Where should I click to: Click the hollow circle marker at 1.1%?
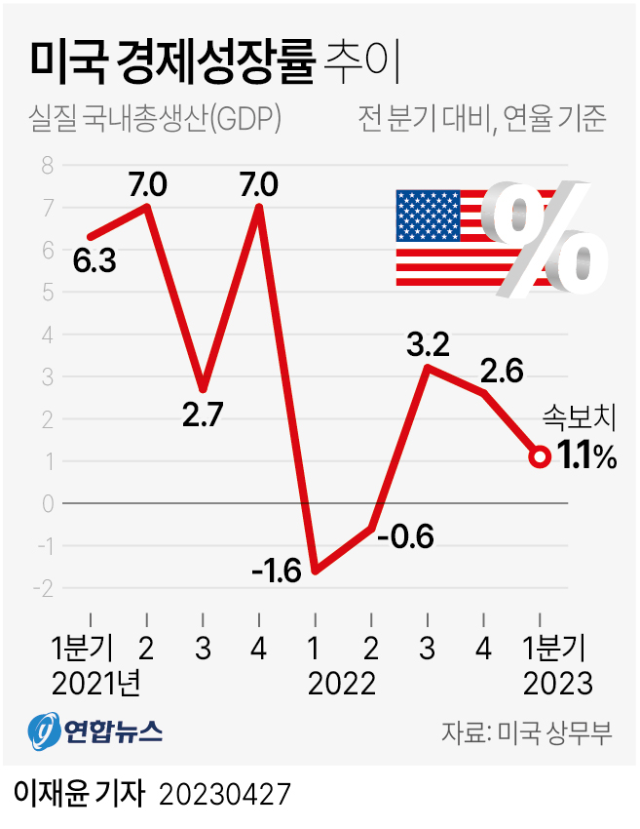coord(540,456)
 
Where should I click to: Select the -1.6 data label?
coord(277,570)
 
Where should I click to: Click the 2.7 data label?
coord(204,414)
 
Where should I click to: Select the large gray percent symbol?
coord(543,238)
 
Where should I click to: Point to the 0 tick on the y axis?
coord(46,503)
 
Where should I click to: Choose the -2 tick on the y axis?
coord(44,588)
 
